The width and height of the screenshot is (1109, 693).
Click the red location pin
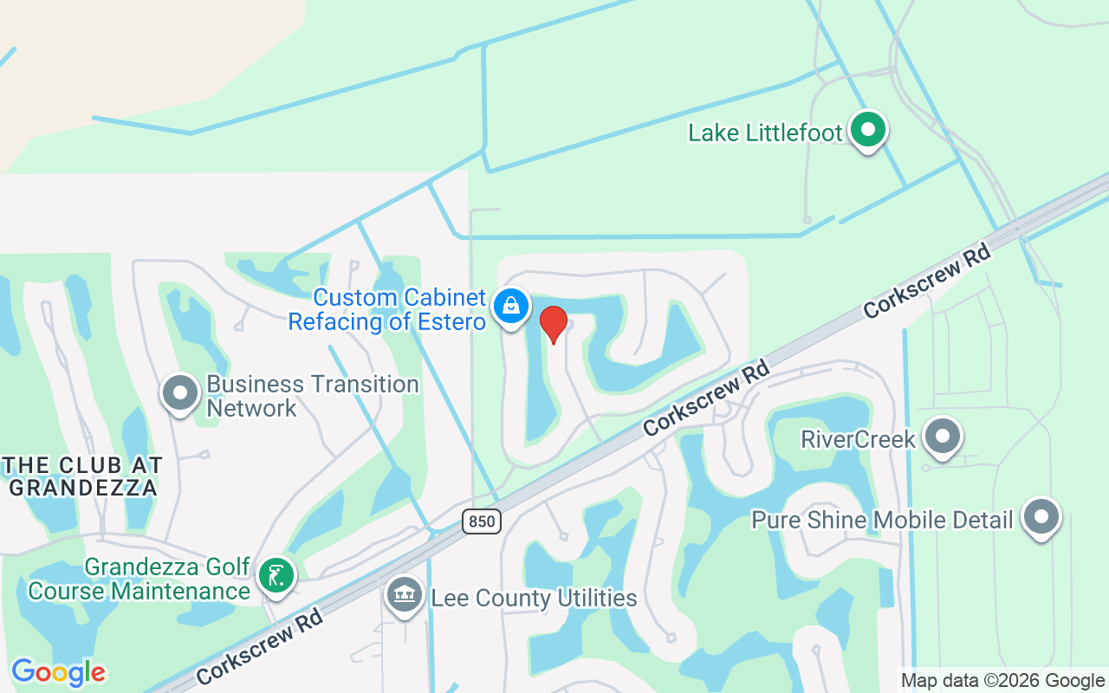pos(554,324)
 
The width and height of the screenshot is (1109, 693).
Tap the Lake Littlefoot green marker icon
pos(867,131)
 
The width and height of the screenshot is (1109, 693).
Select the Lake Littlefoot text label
pos(765,133)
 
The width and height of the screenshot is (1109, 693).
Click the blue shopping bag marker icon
pos(512,307)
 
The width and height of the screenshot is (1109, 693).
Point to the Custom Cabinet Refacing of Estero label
pos(387,310)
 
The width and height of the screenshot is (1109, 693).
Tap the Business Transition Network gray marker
pos(180,392)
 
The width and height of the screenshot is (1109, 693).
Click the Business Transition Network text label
pos(313,396)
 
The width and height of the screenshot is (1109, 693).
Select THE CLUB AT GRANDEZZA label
pos(82,476)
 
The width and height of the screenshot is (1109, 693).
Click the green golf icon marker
pos(276,575)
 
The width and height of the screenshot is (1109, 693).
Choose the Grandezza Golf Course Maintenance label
pos(139,580)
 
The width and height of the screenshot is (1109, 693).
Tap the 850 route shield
pos(481,521)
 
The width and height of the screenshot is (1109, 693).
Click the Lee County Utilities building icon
pos(404,595)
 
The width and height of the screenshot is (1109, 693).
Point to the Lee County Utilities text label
pos(534,599)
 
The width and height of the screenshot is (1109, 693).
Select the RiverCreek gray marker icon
pos(942,437)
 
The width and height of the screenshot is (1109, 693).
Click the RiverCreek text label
pos(858,439)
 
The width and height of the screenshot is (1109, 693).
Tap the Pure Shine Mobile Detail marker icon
pos(1041,517)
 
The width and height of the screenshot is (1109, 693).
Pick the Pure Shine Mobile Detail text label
pos(882,521)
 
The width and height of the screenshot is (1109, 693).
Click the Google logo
pos(58,672)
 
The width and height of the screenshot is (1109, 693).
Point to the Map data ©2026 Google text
pos(1002,681)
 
